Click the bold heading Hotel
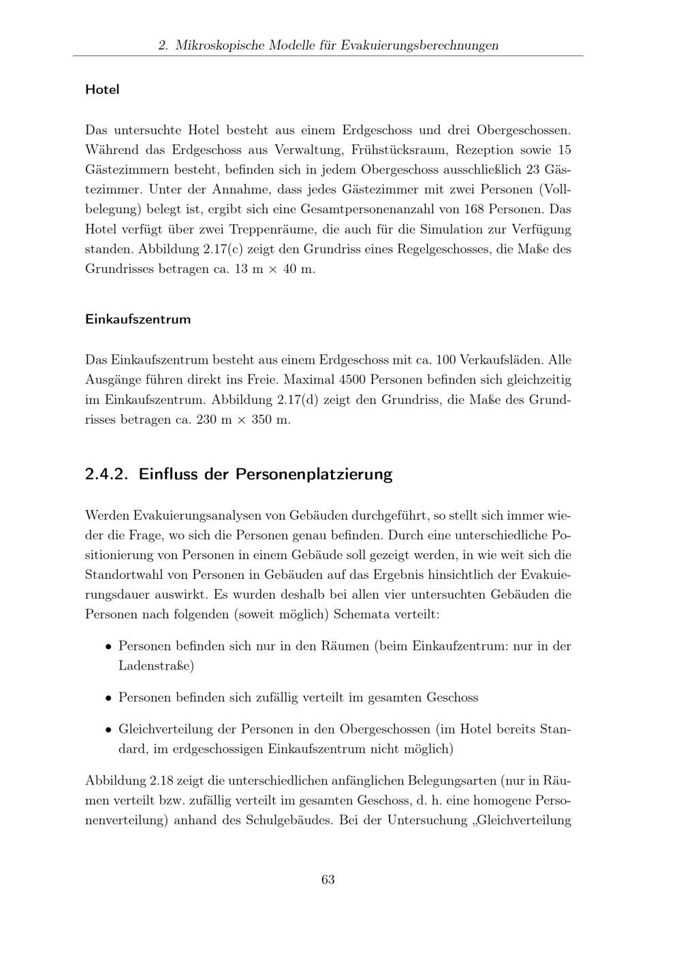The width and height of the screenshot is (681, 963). [x=102, y=89]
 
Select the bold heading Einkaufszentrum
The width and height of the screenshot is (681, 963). [x=138, y=319]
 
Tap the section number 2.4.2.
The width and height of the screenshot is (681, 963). [x=108, y=474]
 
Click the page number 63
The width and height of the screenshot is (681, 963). [x=328, y=879]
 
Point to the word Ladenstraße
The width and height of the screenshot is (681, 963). [x=156, y=665]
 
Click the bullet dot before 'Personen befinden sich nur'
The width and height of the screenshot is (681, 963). [x=108, y=647]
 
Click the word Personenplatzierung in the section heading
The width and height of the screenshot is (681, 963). [x=314, y=474]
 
